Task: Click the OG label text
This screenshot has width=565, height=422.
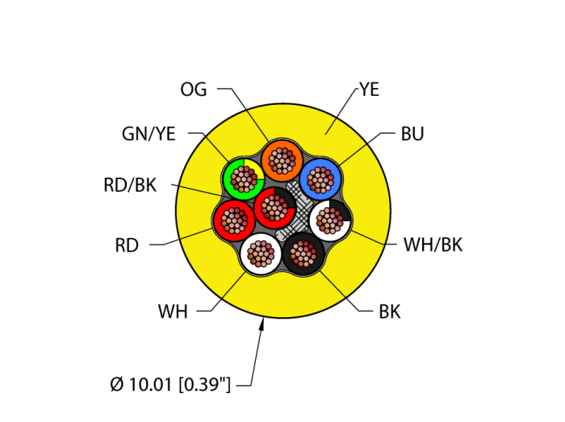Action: pyautogui.click(x=194, y=90)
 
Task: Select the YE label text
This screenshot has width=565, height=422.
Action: pyautogui.click(x=369, y=90)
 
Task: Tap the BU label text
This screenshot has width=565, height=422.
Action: pyautogui.click(x=412, y=134)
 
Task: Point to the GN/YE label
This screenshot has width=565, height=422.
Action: pyautogui.click(x=149, y=134)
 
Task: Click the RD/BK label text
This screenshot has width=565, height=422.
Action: pyautogui.click(x=130, y=186)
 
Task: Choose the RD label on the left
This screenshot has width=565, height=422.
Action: pyautogui.click(x=127, y=246)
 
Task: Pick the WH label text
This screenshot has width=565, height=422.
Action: pyautogui.click(x=173, y=311)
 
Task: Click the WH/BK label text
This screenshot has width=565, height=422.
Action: pyautogui.click(x=433, y=245)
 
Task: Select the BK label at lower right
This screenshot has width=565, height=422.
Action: pyautogui.click(x=390, y=311)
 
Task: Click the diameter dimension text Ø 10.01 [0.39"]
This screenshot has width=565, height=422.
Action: pyautogui.click(x=170, y=385)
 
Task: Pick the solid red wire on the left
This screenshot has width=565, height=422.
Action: pyautogui.click(x=234, y=220)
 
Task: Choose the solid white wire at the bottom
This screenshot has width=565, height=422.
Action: pyautogui.click(x=261, y=254)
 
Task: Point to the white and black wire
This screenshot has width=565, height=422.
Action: pyautogui.click(x=330, y=219)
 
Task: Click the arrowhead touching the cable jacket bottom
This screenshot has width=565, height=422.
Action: pyautogui.click(x=262, y=324)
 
